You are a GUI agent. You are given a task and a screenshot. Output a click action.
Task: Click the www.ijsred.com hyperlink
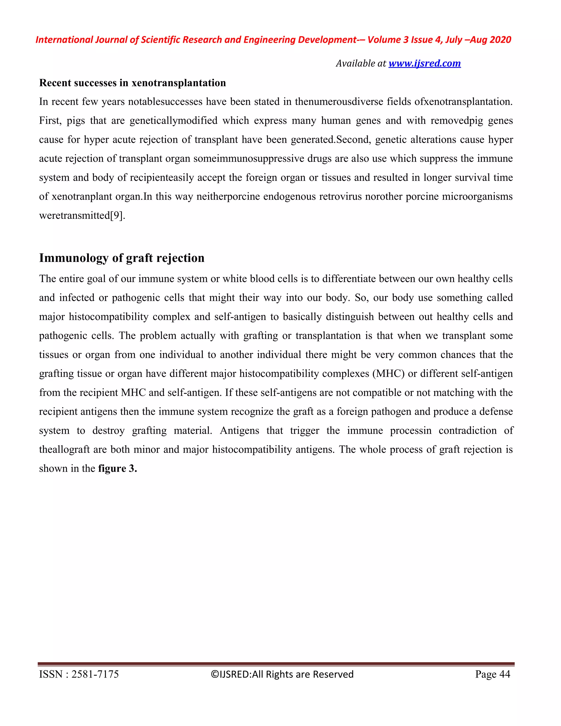coord(424,63)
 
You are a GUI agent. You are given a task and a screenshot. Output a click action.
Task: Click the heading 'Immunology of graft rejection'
coord(122,258)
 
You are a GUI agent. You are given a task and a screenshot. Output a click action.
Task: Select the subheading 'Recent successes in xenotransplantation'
coord(132,83)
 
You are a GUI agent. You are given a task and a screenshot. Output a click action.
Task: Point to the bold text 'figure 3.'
coord(118,468)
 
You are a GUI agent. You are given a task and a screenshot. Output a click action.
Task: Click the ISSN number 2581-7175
coord(95,674)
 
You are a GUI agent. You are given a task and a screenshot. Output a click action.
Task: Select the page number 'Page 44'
coord(493,674)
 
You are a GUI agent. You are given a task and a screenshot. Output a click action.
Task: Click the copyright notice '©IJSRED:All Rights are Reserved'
coord(282,674)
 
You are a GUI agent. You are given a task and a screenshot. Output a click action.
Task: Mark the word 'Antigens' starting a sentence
coord(239,430)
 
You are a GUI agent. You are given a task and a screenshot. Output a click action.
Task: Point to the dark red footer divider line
coord(276,664)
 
